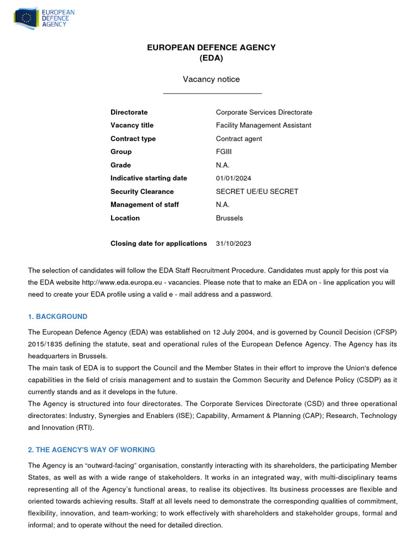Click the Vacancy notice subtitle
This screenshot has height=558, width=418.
pos(211,80)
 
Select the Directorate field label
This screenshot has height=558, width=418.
pos(129,112)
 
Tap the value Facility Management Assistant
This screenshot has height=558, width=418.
pos(263,125)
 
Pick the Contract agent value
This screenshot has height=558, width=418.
pos(239,139)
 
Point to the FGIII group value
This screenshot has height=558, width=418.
pos(224,152)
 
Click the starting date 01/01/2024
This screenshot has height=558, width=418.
pos(234,178)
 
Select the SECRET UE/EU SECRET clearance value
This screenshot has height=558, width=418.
pos(257,192)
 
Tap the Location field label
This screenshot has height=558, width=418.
pos(125,218)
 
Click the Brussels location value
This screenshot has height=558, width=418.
pos(229,218)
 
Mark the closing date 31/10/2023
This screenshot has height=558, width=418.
pos(233,244)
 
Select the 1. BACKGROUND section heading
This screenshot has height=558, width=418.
pos(58,317)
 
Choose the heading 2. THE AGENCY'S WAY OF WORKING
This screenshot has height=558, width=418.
pos(91,450)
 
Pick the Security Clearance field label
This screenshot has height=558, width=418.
pos(142,192)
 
